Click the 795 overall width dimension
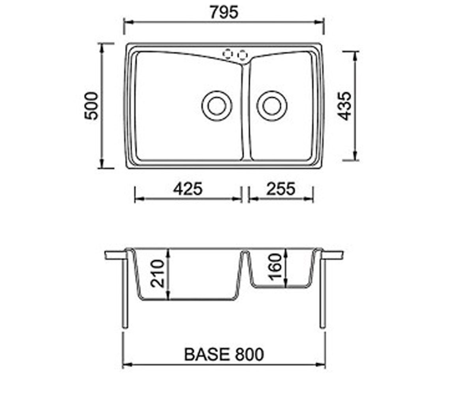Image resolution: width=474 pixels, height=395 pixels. pos(224,13)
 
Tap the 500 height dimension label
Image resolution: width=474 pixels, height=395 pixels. pos(91,106)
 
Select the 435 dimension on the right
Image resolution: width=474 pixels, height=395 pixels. pos(344,106)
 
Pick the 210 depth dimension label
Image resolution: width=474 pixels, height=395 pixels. pos(157,274)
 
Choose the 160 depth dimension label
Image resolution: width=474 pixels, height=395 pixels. pos(275,267)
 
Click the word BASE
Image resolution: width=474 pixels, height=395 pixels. pos(207,354)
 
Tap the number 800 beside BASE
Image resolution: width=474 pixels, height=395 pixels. pos(250,354)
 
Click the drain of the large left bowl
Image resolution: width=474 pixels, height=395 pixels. pos(217,106)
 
